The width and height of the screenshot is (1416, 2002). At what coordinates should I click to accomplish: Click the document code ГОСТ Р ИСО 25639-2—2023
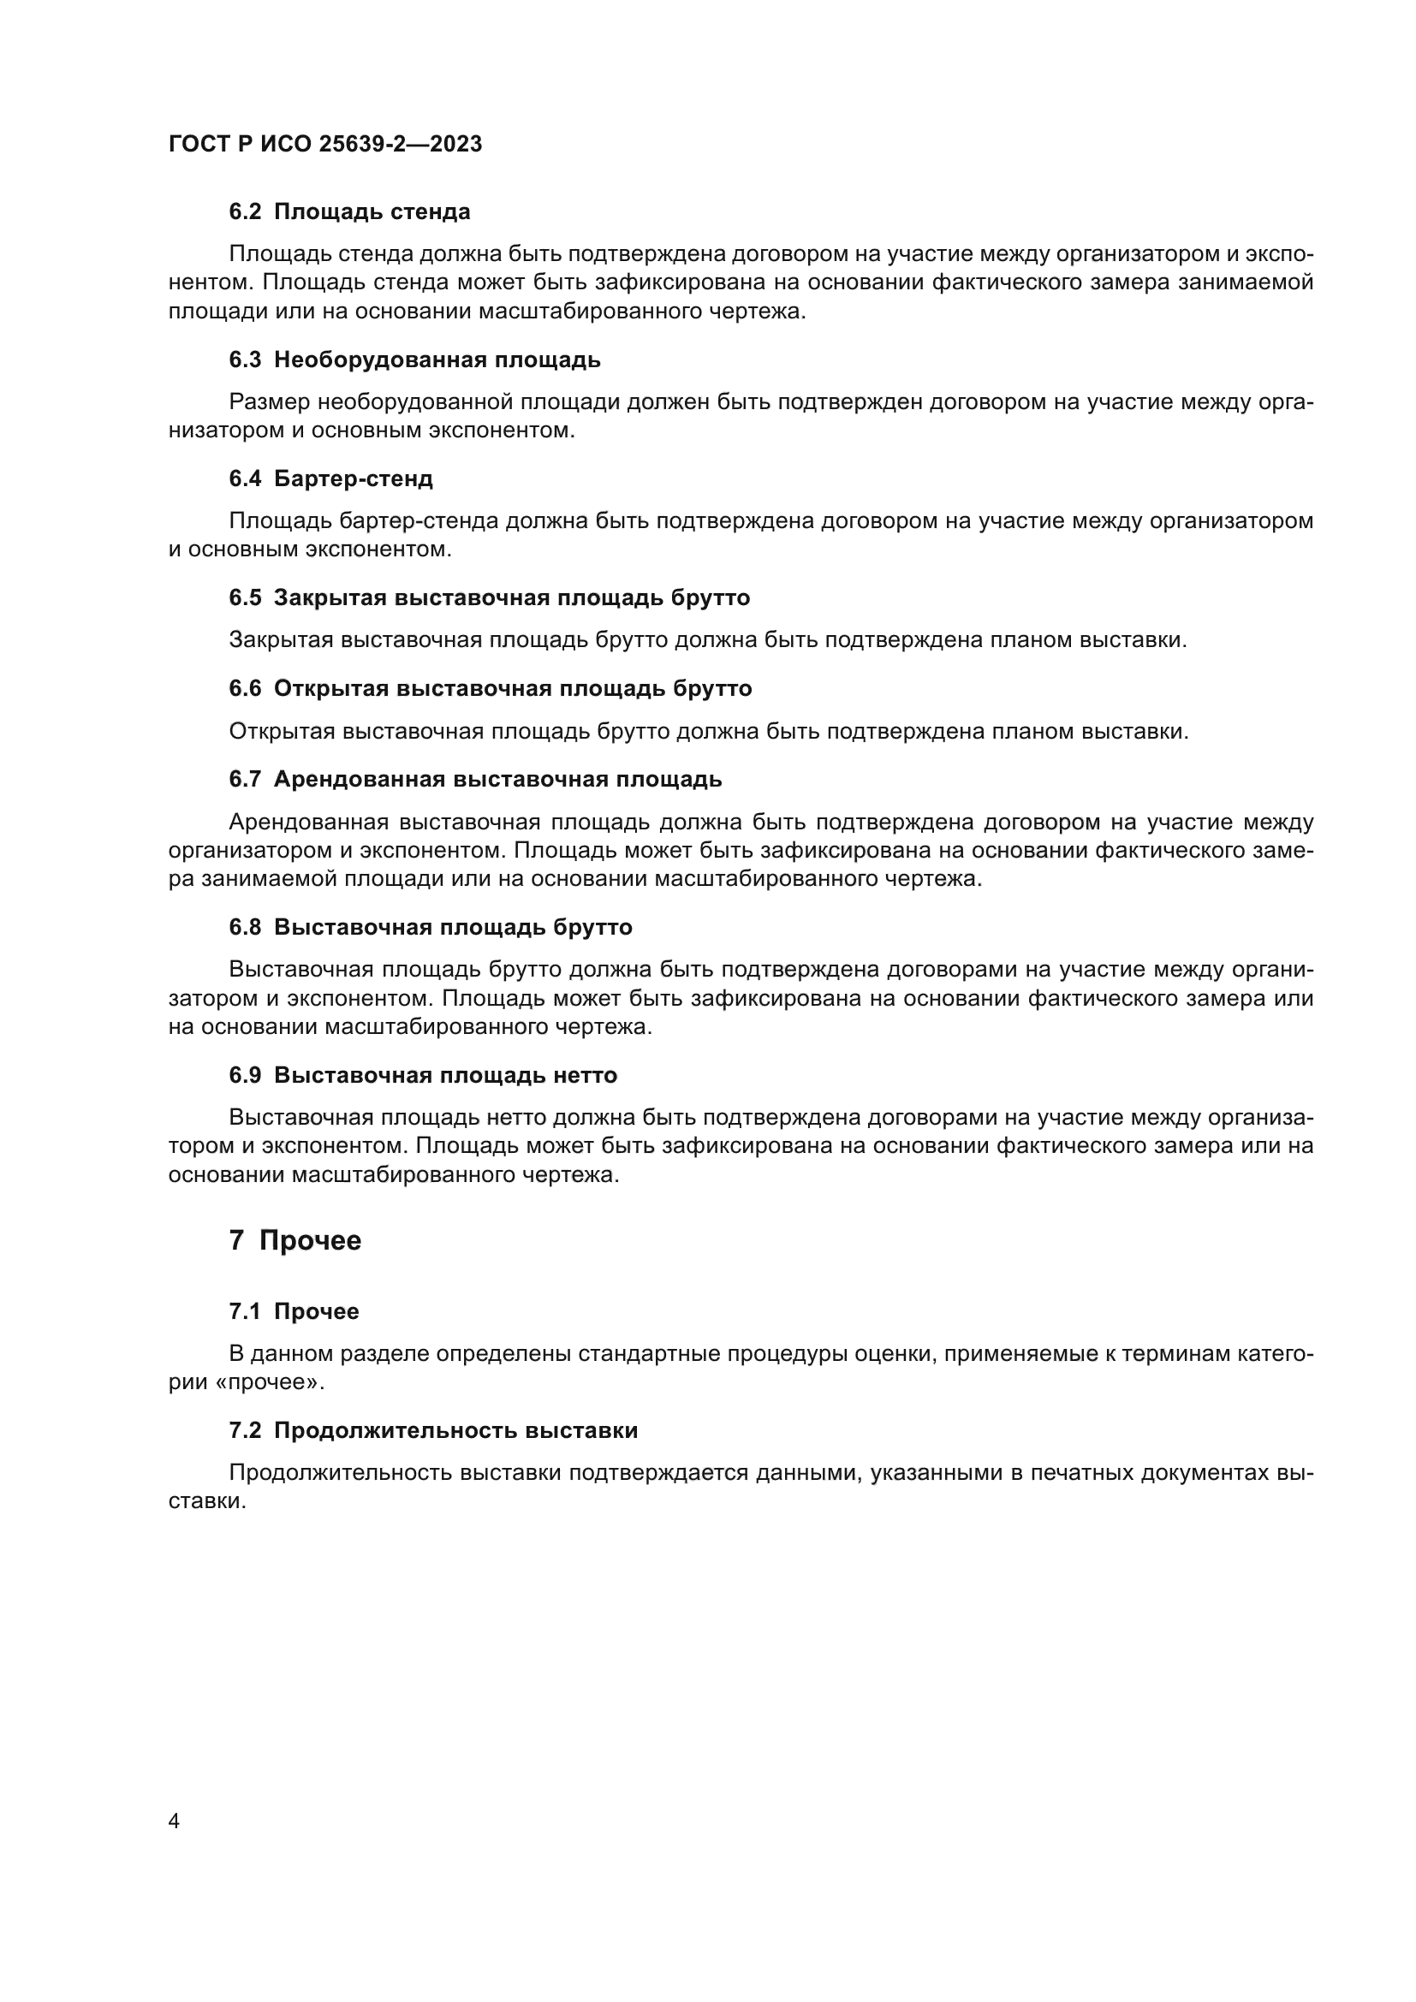click(325, 144)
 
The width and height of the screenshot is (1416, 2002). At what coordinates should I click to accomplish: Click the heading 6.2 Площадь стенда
click(349, 212)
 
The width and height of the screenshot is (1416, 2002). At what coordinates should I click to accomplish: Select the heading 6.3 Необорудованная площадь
click(415, 359)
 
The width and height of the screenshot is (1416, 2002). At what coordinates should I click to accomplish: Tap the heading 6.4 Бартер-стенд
click(331, 478)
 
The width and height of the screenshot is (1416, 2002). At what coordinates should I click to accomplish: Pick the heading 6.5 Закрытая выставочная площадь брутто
click(489, 597)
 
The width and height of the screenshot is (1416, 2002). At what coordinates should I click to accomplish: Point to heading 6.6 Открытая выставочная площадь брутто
click(490, 688)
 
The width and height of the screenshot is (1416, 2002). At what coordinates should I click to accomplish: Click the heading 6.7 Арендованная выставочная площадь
click(475, 779)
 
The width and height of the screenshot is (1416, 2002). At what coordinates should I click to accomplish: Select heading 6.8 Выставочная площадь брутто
click(431, 927)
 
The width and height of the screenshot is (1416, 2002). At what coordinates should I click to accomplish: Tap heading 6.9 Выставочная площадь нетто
click(423, 1075)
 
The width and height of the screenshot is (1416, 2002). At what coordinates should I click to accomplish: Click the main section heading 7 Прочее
click(295, 1240)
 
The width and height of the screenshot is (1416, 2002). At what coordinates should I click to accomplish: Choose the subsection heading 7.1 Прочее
click(294, 1311)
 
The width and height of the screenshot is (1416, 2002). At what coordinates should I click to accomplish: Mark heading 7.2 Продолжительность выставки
click(433, 1430)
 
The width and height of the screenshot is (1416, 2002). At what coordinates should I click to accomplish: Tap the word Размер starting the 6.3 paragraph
click(270, 402)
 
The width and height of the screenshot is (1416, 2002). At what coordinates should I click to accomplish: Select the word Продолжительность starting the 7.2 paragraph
click(340, 1473)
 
